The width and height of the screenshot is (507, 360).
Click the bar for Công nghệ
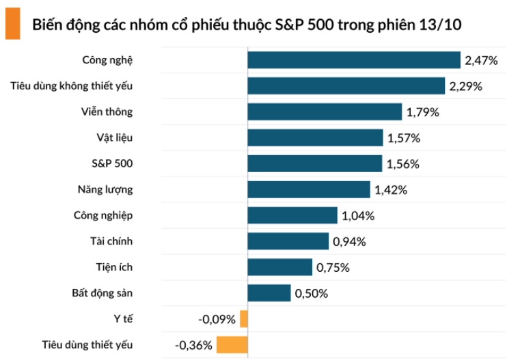pyautogui.click(x=354, y=60)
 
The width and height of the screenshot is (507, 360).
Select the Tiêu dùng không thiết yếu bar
pyautogui.click(x=346, y=86)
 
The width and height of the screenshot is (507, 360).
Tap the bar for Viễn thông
pyautogui.click(x=325, y=112)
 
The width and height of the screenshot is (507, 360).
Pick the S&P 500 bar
pyautogui.click(x=315, y=164)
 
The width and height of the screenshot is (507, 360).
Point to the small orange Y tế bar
pyautogui.click(x=244, y=319)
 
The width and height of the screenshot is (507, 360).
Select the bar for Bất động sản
pyautogui.click(x=269, y=293)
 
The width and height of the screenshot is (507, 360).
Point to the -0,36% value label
pyautogui.click(x=194, y=346)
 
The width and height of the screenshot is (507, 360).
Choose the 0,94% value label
pyautogui.click(x=349, y=242)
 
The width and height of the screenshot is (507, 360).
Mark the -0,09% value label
pyautogui.click(x=217, y=320)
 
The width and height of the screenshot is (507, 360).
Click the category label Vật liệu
pyautogui.click(x=114, y=137)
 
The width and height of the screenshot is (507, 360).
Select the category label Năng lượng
pyautogui.click(x=105, y=189)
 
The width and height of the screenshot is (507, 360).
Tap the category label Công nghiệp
pyautogui.click(x=103, y=215)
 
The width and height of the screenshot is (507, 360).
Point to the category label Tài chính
pyautogui.click(x=111, y=241)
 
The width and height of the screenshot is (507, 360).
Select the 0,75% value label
pyautogui.click(x=333, y=268)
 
